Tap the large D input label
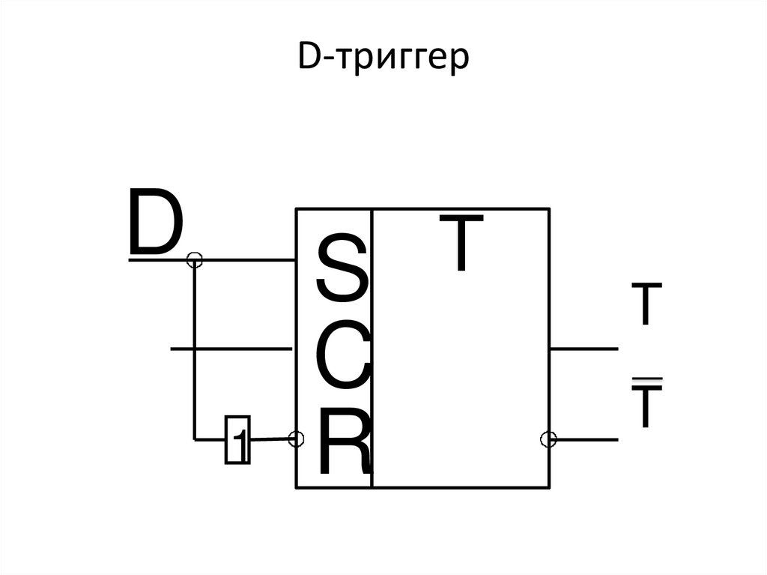[x=155, y=223]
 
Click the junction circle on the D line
[x=194, y=260]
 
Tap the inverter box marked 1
[x=237, y=439]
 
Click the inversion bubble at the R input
[x=297, y=439]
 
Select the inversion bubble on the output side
[x=549, y=439]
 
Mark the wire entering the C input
[x=232, y=349]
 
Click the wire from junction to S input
[x=247, y=260]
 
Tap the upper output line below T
[x=584, y=349]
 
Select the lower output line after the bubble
[x=588, y=439]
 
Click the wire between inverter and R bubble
[x=270, y=439]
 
